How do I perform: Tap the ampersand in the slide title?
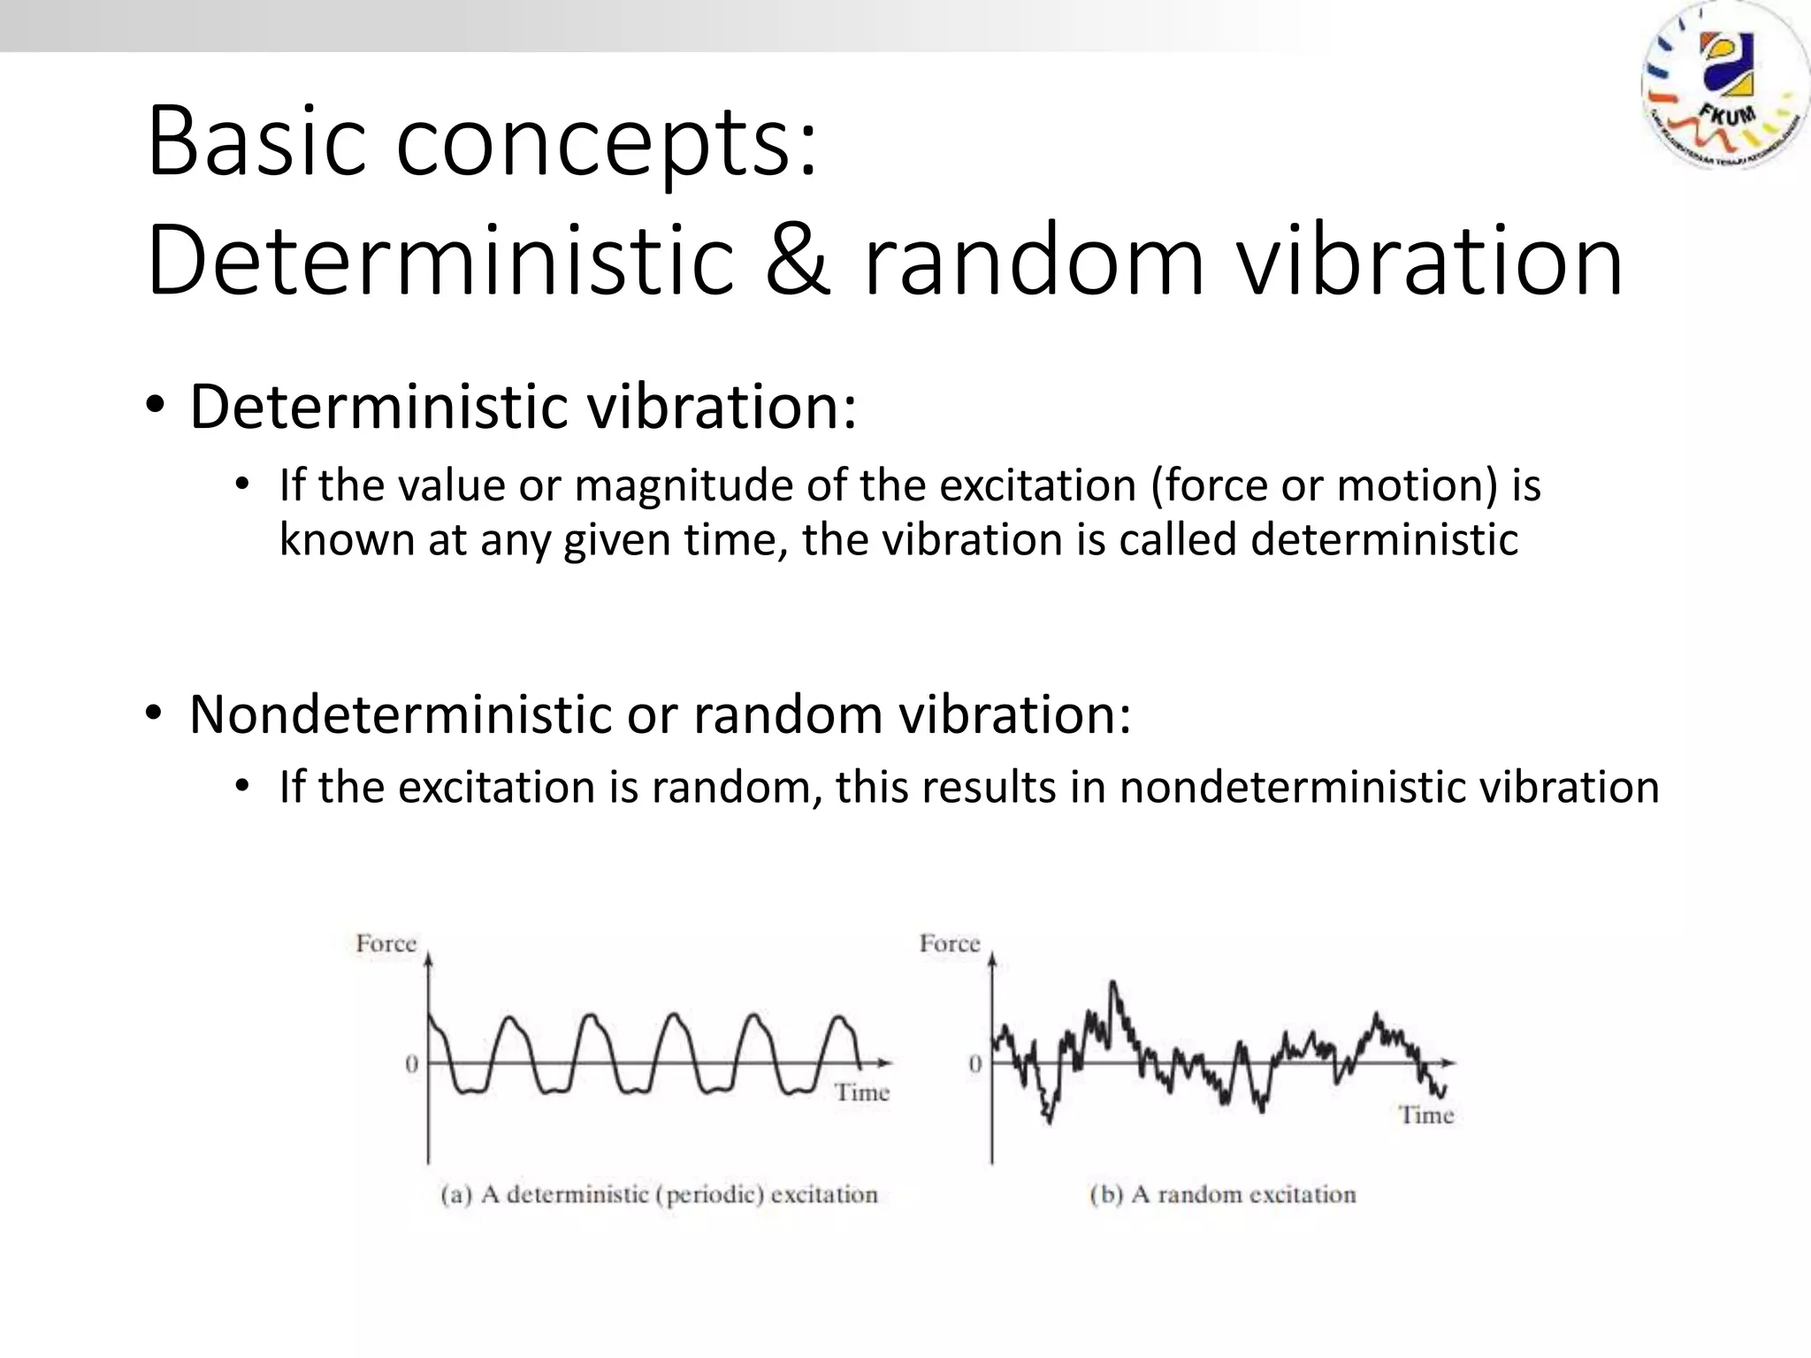(x=797, y=260)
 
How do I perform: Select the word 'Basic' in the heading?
(x=256, y=141)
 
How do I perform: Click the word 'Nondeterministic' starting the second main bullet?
(x=400, y=714)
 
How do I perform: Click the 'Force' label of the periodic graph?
(x=386, y=944)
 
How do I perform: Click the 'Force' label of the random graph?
(x=949, y=944)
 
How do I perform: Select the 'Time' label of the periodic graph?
(x=862, y=1093)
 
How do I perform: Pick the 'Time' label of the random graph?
(x=1425, y=1116)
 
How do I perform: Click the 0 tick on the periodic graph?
(x=411, y=1064)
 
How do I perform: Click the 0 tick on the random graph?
(x=974, y=1064)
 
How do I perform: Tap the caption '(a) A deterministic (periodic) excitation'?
(x=659, y=1195)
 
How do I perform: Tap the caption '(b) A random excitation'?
(x=1222, y=1195)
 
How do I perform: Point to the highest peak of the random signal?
(x=1112, y=982)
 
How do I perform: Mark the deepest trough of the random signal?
(x=1049, y=1121)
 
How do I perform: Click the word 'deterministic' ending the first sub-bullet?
(x=1384, y=539)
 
